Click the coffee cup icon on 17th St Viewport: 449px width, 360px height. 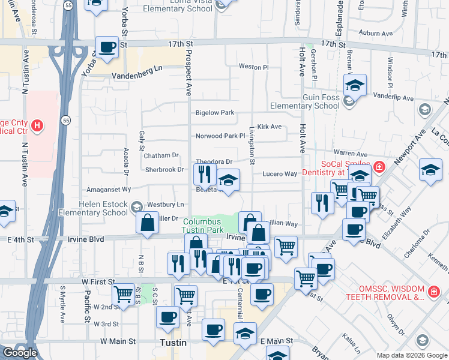tap(107, 48)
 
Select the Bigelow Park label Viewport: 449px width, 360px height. tap(214, 113)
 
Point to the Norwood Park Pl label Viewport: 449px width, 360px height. tap(220, 136)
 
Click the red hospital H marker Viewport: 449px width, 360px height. tap(37, 126)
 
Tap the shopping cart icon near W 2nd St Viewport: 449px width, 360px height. tap(123, 295)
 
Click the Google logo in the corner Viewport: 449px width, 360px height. tap(20, 353)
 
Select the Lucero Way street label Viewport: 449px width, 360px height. tap(279, 174)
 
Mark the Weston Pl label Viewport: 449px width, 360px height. tap(253, 67)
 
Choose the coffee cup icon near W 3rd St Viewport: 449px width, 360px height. tap(167, 317)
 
